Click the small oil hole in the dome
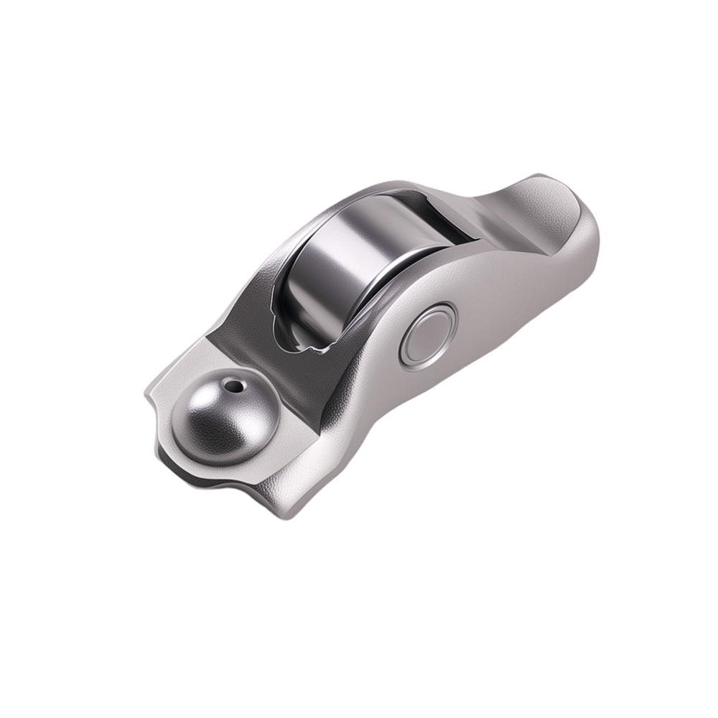[x=232, y=386]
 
